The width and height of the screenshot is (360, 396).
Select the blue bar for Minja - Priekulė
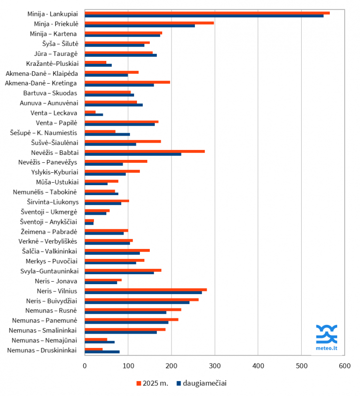point(139,26)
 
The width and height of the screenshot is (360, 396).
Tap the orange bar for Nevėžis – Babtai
point(144,151)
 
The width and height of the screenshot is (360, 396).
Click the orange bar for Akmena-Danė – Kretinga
point(127,82)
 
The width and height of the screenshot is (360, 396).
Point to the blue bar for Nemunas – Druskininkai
point(102,352)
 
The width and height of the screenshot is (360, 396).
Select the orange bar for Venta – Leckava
point(90,111)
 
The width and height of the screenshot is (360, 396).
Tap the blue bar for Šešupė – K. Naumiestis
point(107,134)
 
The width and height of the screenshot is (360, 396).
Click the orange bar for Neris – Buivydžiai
point(141,299)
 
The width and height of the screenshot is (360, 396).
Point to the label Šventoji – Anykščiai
point(48,222)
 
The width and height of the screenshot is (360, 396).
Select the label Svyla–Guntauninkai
point(48,271)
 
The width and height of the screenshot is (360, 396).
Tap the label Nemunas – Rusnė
point(52,311)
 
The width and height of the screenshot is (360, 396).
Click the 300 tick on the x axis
point(215,365)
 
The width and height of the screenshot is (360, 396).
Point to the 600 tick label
point(344,365)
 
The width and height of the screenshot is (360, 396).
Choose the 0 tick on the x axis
point(85,365)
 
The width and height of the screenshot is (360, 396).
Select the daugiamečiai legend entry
point(202,383)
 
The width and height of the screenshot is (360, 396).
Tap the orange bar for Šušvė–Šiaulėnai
point(123,141)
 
